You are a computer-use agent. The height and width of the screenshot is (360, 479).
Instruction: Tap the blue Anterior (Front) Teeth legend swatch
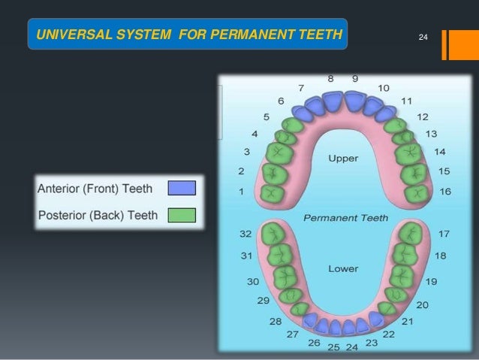pos(181,188)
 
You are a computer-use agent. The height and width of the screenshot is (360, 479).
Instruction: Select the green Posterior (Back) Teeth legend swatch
pos(181,215)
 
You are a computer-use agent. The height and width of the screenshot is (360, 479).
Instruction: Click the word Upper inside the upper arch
pos(343,159)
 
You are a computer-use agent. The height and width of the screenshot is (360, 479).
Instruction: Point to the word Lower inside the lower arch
pos(342,268)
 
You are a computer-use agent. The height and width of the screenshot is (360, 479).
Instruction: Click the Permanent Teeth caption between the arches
pos(345,217)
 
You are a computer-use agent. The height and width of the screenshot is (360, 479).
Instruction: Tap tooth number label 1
pos(241,192)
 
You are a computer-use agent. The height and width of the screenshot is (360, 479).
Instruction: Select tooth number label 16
pos(444,192)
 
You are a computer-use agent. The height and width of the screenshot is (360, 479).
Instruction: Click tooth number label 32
pos(245,234)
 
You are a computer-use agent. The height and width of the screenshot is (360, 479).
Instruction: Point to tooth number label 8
pos(330,78)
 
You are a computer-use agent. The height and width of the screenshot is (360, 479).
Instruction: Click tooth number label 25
pos(333,347)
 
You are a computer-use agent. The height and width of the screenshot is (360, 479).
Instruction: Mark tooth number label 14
pos(440,151)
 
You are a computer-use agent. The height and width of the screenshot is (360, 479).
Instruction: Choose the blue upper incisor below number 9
pos(354,101)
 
